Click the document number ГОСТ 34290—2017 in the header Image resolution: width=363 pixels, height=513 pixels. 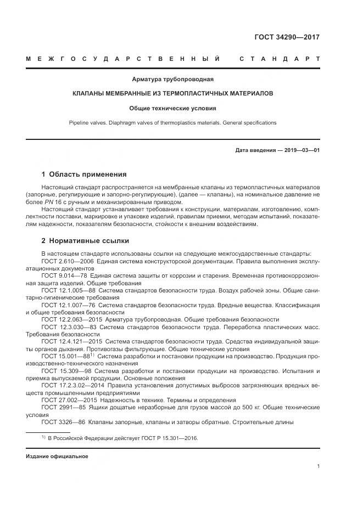pyautogui.click(x=287, y=37)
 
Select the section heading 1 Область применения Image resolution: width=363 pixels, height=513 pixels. pyautogui.click(x=83, y=174)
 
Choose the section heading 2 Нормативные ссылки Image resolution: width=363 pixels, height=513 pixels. pyautogui.click(x=85, y=240)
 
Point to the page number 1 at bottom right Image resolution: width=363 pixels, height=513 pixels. pyautogui.click(x=319, y=466)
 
